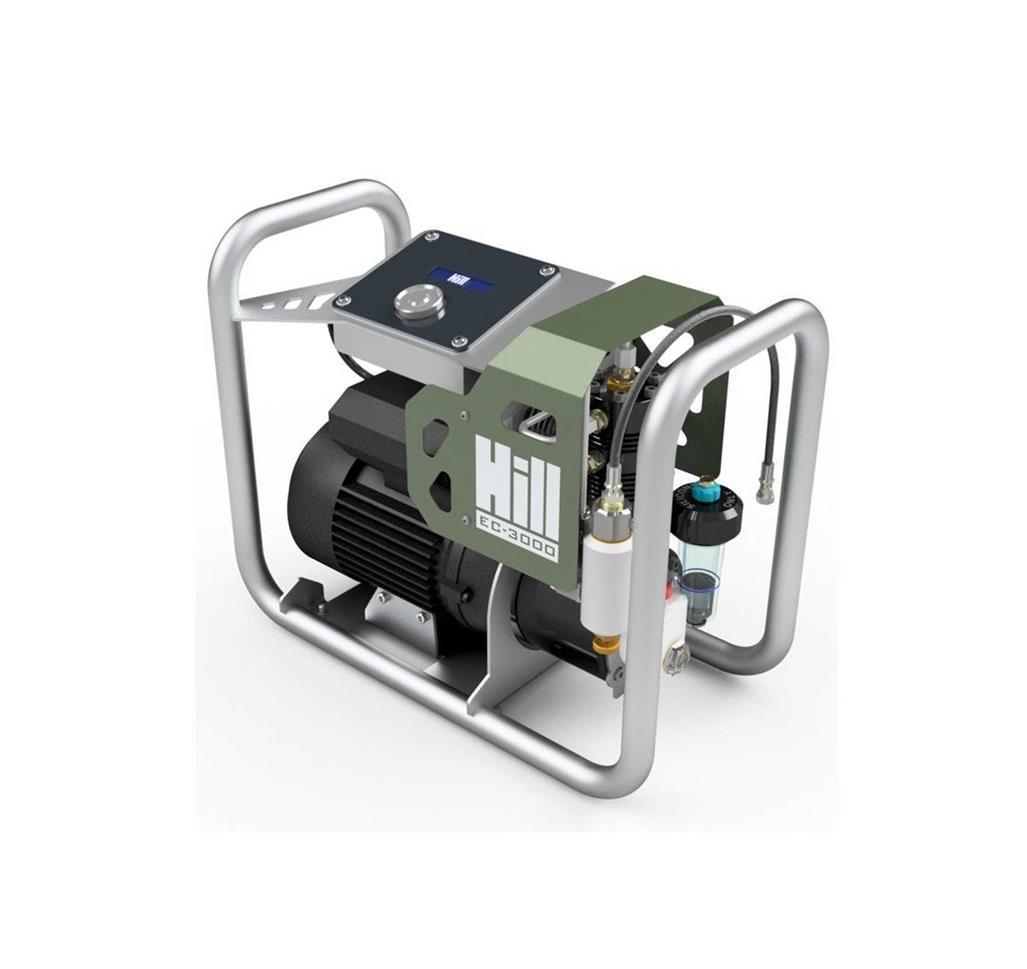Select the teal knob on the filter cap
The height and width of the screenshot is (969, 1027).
pyautogui.click(x=709, y=490)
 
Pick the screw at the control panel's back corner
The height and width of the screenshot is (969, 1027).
pyautogui.click(x=430, y=236)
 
